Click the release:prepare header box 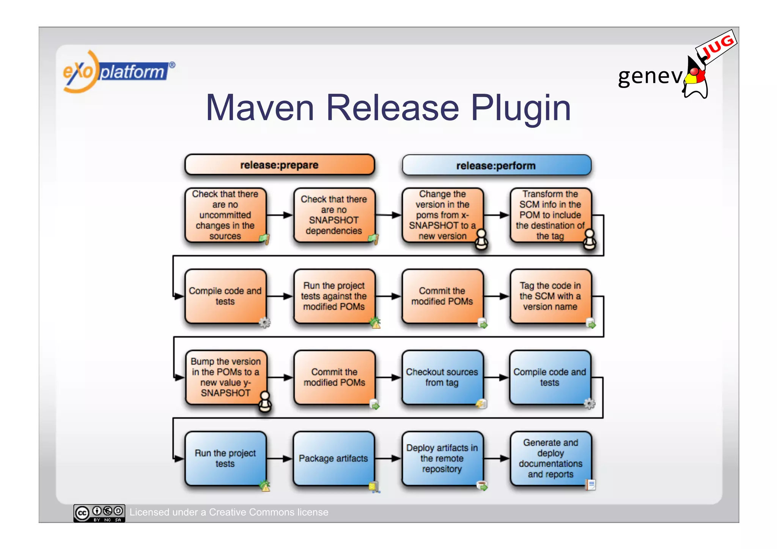[x=279, y=165]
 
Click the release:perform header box [x=496, y=166]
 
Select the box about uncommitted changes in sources [x=225, y=215]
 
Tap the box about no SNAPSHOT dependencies [x=334, y=215]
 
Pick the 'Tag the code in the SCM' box [x=550, y=296]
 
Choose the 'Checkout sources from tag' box [x=442, y=378]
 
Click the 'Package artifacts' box [x=333, y=458]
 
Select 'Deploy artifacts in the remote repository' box [x=442, y=458]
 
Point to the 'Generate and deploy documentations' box [x=551, y=458]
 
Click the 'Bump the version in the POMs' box [x=226, y=378]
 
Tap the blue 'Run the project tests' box [x=225, y=458]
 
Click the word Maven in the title [x=260, y=108]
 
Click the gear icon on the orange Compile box [x=264, y=323]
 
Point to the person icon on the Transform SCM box [x=590, y=239]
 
